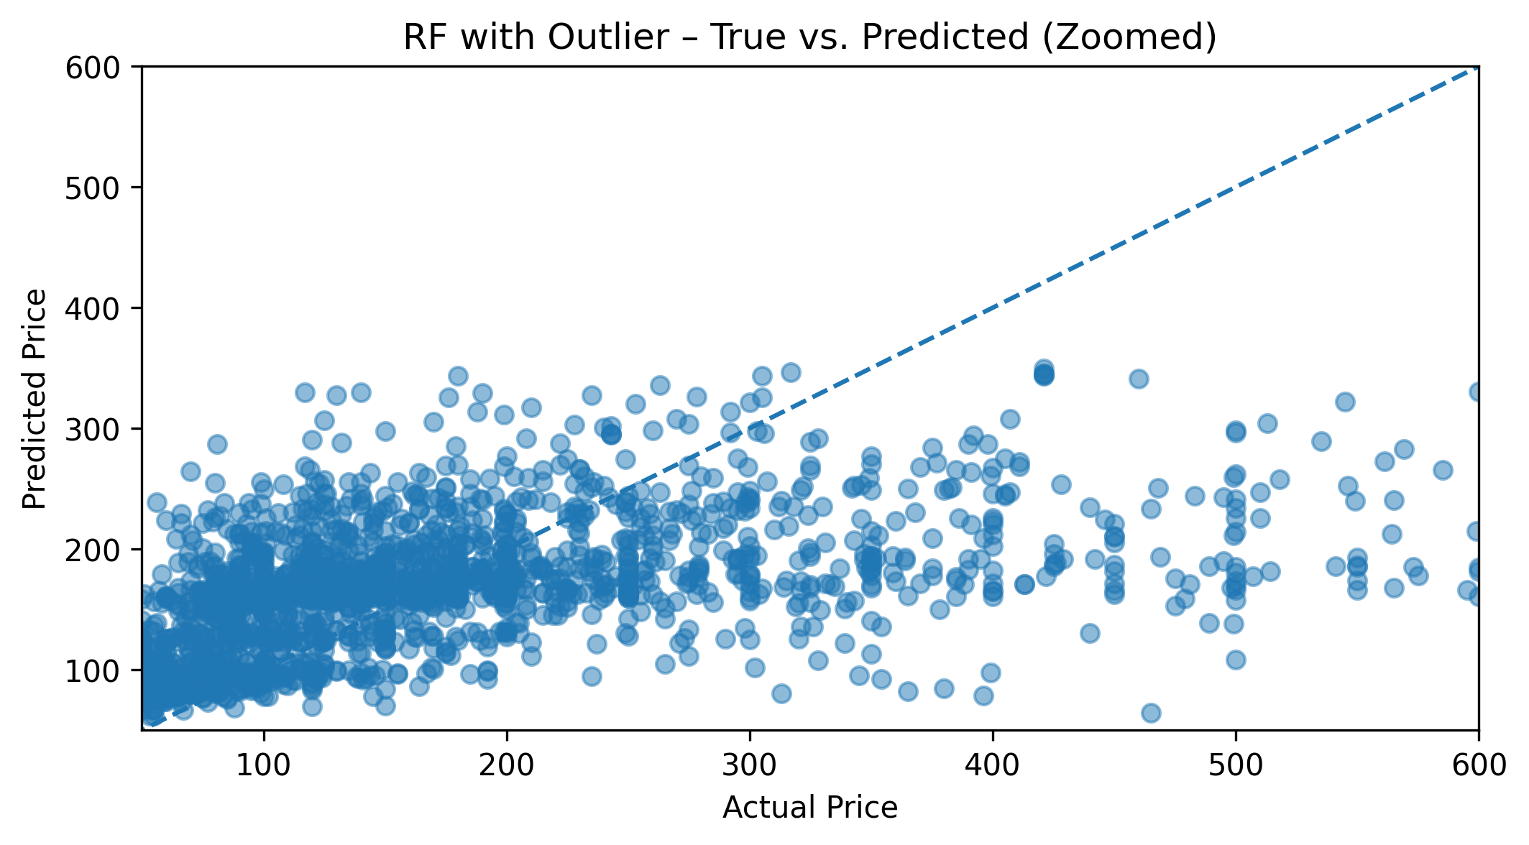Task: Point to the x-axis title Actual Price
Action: (810, 808)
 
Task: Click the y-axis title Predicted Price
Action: (34, 399)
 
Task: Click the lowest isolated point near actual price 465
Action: (1151, 713)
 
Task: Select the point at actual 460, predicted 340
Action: (1139, 379)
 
